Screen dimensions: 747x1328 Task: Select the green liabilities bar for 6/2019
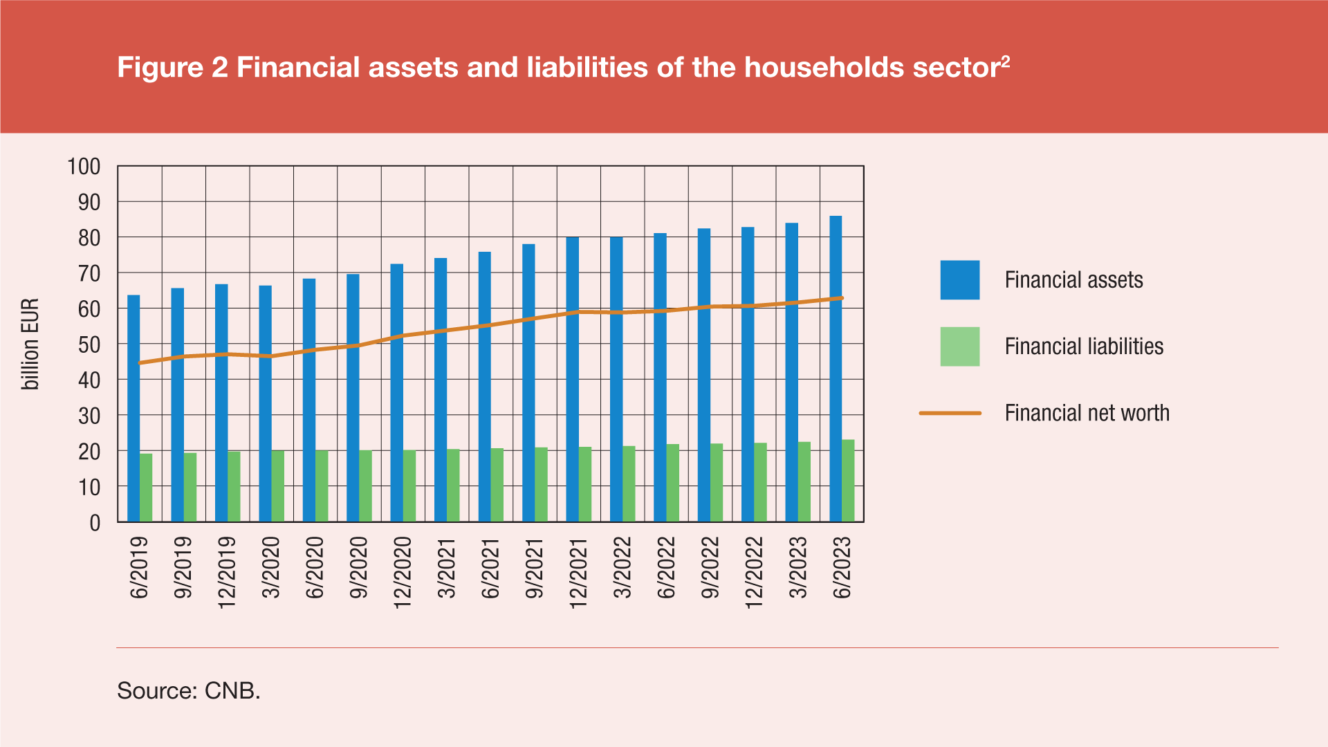[x=146, y=488]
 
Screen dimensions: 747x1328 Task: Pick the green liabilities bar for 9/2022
[x=717, y=483]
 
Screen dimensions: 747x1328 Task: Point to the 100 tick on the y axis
[x=84, y=167]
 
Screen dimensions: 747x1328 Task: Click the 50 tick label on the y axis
[x=89, y=344]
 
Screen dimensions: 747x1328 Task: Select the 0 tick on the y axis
[x=95, y=523]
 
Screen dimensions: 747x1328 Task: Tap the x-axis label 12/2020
[x=403, y=573]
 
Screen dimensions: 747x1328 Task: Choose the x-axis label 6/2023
[x=842, y=568]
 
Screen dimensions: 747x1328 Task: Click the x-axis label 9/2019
[x=183, y=568]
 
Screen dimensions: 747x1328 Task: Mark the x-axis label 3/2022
[x=622, y=568]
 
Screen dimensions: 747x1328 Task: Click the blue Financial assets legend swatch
[x=959, y=280]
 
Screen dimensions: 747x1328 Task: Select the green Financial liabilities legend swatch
[x=959, y=347]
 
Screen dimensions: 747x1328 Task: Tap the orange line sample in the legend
[x=950, y=413]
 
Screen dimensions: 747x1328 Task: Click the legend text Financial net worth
[x=1087, y=413]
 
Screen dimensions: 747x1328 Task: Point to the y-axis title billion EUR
[x=30, y=344]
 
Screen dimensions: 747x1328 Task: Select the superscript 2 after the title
[x=1005, y=62]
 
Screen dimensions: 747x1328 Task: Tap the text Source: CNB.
[x=188, y=690]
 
